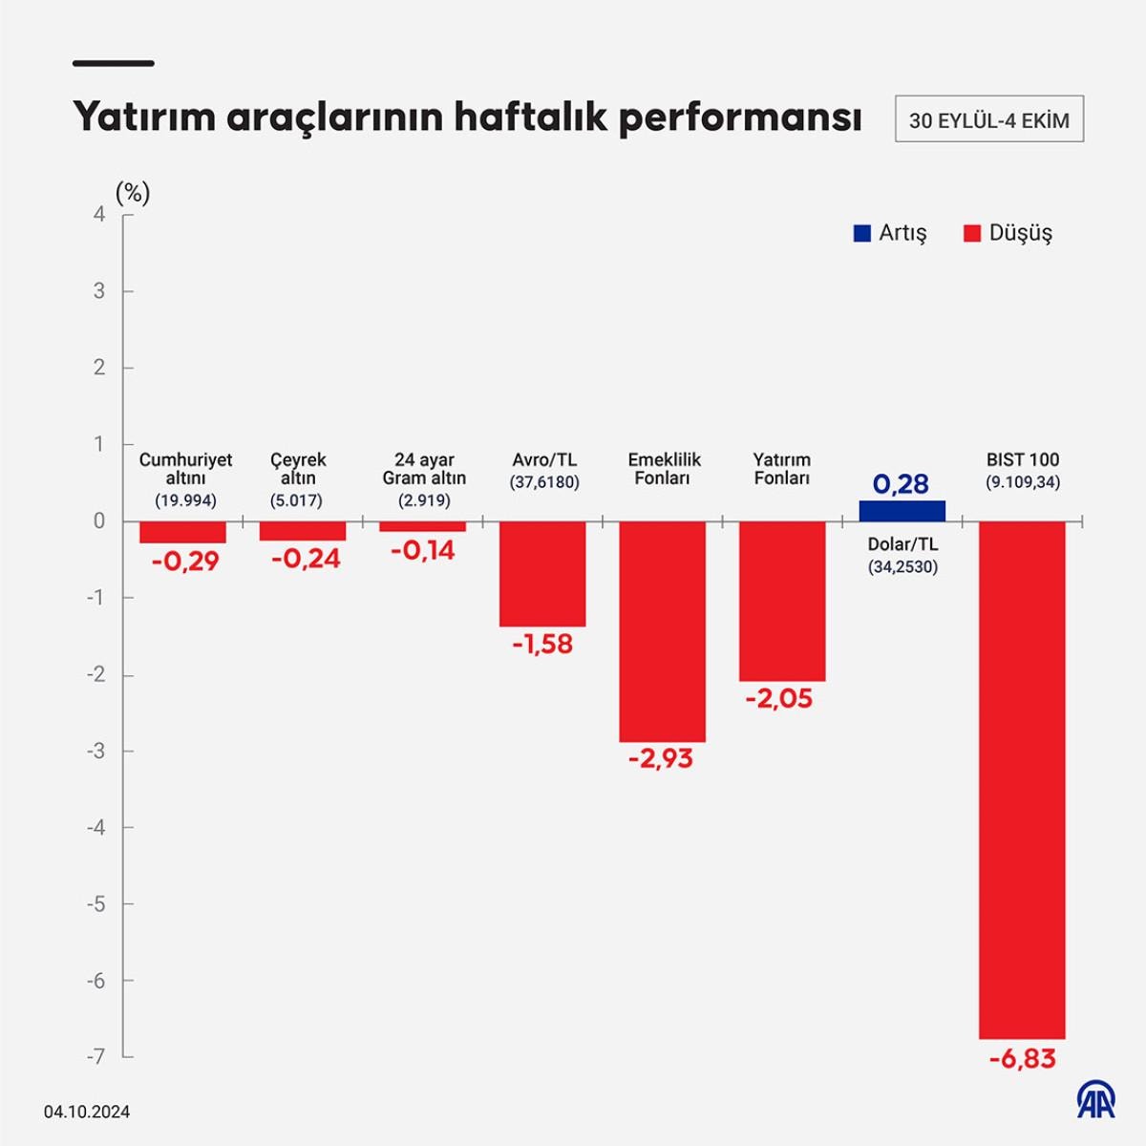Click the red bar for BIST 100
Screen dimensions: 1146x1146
point(1022,779)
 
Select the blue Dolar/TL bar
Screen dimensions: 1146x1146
point(902,511)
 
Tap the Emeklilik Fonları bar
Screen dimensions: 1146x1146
point(662,631)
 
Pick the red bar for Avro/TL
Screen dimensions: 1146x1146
point(542,573)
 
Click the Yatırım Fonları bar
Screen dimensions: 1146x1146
point(782,601)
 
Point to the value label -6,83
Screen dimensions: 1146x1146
point(1022,1059)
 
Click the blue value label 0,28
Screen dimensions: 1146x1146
point(901,484)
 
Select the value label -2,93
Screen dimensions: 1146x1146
point(661,759)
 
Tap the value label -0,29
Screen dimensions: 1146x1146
point(185,561)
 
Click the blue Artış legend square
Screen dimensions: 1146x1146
point(862,233)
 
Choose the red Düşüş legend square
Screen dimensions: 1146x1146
point(972,233)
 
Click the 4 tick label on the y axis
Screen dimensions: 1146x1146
point(100,215)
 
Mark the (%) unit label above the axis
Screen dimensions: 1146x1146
point(133,193)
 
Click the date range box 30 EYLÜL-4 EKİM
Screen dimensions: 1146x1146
point(988,120)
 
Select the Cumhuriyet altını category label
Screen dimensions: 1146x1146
point(185,469)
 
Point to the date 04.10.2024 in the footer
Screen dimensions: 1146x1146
point(87,1112)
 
